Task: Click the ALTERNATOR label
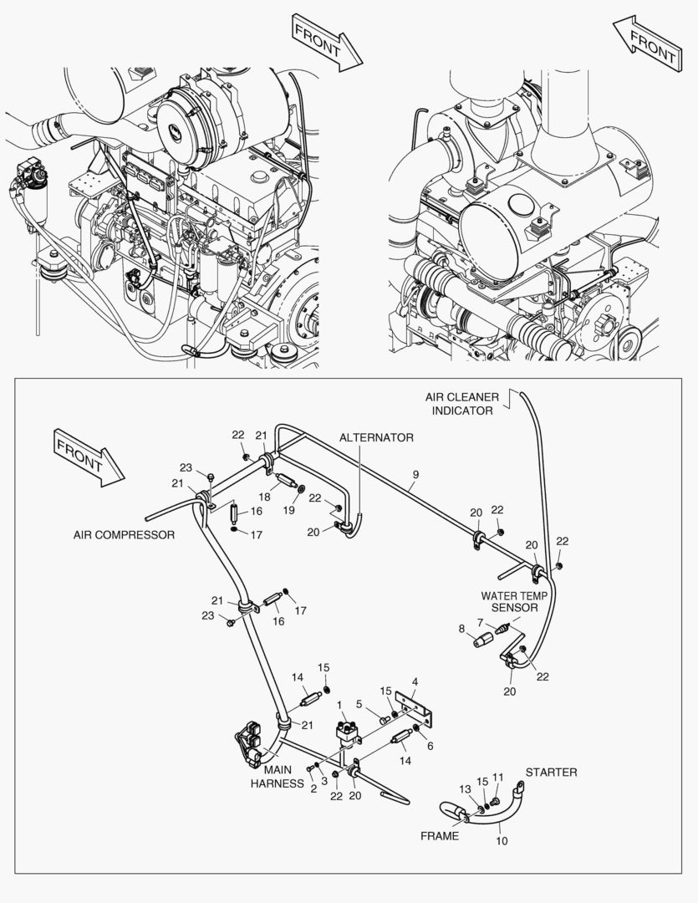coord(376,437)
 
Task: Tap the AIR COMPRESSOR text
coord(124,535)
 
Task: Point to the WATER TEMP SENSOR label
coord(513,602)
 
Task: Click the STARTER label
coord(551,772)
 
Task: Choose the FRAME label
coord(440,836)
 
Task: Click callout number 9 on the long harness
coord(415,475)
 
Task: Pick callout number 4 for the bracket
coord(415,681)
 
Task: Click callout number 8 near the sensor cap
coord(461,628)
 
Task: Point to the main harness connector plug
coord(251,743)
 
